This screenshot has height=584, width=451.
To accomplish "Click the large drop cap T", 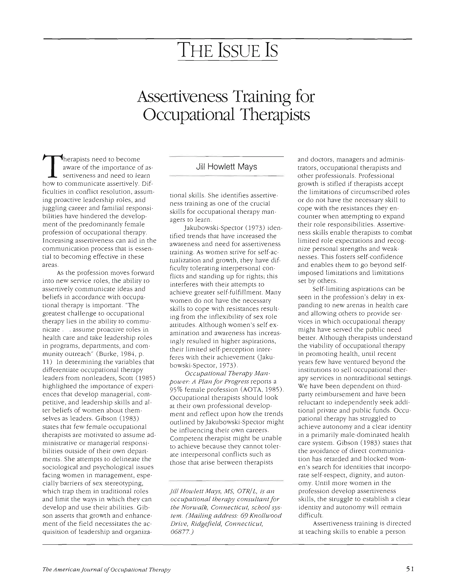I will (x=52, y=167).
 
